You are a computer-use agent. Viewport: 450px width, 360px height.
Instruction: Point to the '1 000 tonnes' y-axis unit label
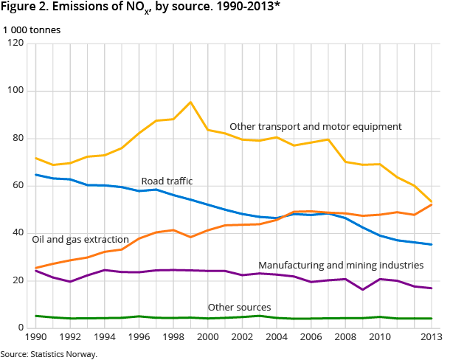[32, 30]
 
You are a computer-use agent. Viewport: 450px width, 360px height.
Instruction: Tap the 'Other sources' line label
[239, 307]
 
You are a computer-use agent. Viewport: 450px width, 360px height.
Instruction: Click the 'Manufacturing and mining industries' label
[341, 265]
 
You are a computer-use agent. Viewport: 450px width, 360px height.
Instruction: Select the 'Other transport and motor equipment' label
[316, 127]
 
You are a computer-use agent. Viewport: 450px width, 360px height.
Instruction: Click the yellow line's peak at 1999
[190, 102]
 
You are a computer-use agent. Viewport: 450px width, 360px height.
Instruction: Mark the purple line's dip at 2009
[362, 289]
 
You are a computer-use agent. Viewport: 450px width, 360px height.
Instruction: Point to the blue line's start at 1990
[35, 175]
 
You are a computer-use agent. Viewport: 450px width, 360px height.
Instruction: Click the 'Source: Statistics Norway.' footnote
[49, 354]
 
